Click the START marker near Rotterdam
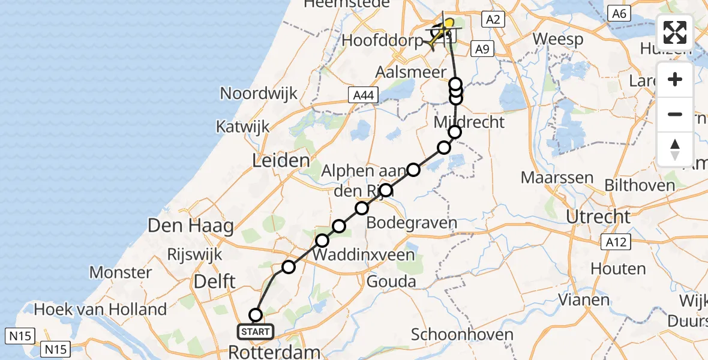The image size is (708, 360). pyautogui.click(x=256, y=331)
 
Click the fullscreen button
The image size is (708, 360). pyautogui.click(x=675, y=32)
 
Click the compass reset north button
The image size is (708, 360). pyautogui.click(x=675, y=149)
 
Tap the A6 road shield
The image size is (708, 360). pyautogui.click(x=620, y=13)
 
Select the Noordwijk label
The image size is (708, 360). pyautogui.click(x=259, y=94)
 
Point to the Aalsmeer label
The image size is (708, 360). pyautogui.click(x=405, y=71)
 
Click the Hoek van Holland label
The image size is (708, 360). pyautogui.click(x=100, y=310)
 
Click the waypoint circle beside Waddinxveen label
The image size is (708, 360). pyautogui.click(x=322, y=241)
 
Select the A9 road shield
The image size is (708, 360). pyautogui.click(x=482, y=49)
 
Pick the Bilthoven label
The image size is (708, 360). pyautogui.click(x=640, y=185)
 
